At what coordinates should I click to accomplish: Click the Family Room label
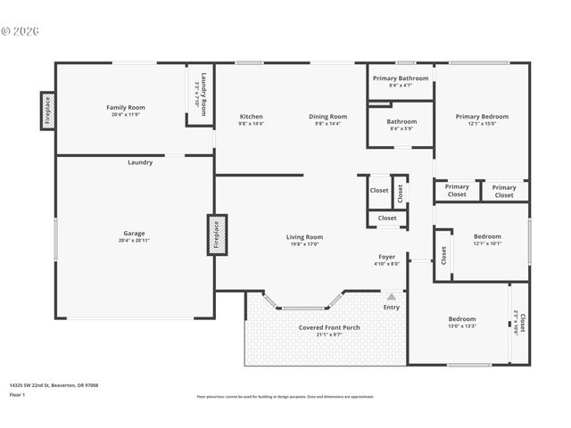tap(126, 107)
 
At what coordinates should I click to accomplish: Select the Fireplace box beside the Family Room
tap(48, 111)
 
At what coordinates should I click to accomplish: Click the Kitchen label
tap(251, 117)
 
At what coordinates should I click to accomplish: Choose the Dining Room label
tap(327, 117)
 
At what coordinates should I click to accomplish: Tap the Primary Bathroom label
tap(401, 78)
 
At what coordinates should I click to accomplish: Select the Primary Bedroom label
tap(482, 117)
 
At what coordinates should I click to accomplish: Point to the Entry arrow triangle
tap(391, 295)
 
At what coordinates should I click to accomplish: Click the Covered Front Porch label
tap(329, 327)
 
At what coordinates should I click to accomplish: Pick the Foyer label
tap(386, 257)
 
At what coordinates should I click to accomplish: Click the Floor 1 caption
tap(18, 394)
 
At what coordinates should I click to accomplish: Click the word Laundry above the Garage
tap(140, 162)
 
